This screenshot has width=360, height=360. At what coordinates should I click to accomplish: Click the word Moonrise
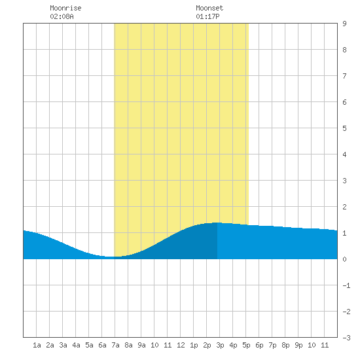coord(65,8)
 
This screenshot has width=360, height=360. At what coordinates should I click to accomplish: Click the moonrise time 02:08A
coord(62,16)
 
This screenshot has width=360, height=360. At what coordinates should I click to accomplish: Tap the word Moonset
coord(209,8)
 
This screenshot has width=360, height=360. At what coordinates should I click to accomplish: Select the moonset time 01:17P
coord(207,16)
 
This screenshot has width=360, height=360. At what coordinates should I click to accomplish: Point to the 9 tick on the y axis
coord(344,24)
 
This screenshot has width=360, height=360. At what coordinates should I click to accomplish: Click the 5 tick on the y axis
coord(344,128)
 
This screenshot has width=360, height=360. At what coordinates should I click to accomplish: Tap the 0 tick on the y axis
coord(344,259)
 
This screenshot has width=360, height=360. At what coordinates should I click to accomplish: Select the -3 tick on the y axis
coord(346,338)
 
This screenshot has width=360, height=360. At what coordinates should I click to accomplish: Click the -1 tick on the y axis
coord(346,285)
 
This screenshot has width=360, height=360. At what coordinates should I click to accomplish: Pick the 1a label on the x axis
coord(37,345)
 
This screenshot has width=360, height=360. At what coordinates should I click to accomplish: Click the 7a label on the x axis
coord(115,345)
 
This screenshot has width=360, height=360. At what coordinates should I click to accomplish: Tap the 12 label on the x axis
coord(181,345)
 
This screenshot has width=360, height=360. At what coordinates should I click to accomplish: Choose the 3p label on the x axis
coord(220,345)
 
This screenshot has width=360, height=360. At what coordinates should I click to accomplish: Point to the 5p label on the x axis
coord(246,345)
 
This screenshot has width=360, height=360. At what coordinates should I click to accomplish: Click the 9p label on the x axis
coord(298,345)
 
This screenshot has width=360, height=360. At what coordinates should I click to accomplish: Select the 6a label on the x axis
coord(102,345)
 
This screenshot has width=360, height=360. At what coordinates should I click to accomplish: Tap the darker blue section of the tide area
coord(184,245)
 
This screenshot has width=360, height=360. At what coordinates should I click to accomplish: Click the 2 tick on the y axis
coord(344,207)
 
